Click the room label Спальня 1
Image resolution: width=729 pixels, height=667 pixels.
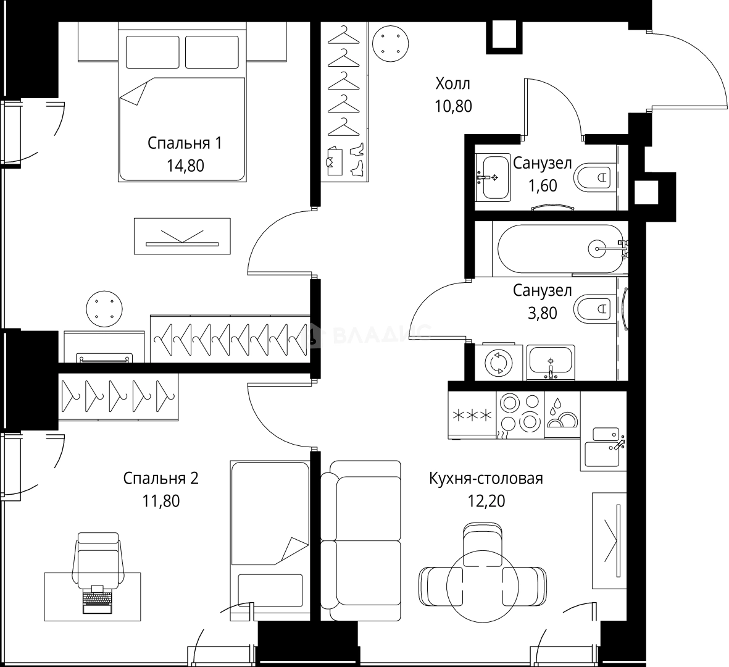click(x=185, y=143)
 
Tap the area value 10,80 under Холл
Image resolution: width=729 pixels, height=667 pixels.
click(x=453, y=106)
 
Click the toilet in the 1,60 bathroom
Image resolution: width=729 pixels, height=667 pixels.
click(x=593, y=177)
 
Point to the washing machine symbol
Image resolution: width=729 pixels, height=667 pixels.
click(x=498, y=363)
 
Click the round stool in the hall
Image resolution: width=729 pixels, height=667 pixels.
click(x=391, y=44)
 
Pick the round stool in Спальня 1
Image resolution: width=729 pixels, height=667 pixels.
click(x=104, y=309)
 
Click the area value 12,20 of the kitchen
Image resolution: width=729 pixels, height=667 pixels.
click(x=486, y=501)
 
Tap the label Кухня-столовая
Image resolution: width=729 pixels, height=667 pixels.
click(x=486, y=478)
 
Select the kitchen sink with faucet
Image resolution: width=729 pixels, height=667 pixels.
click(x=602, y=447)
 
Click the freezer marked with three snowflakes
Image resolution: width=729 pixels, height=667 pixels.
click(x=472, y=415)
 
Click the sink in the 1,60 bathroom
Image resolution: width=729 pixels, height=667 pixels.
click(x=493, y=178)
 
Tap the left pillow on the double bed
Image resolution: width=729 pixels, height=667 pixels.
click(x=152, y=52)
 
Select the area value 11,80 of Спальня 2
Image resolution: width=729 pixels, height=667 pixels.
click(x=161, y=501)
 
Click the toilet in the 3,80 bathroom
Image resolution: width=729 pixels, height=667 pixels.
click(x=593, y=308)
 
